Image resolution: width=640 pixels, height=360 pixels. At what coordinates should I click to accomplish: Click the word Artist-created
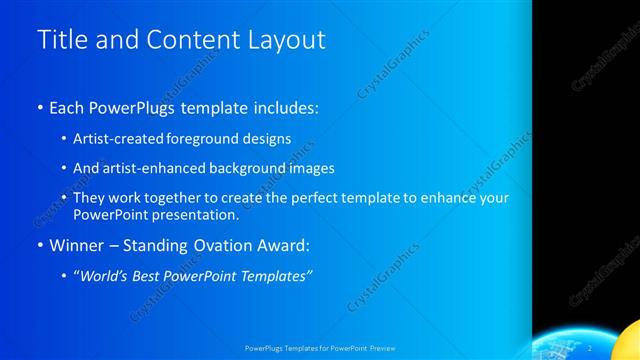(x=121, y=138)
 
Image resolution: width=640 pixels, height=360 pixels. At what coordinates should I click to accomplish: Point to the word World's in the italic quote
(x=106, y=276)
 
